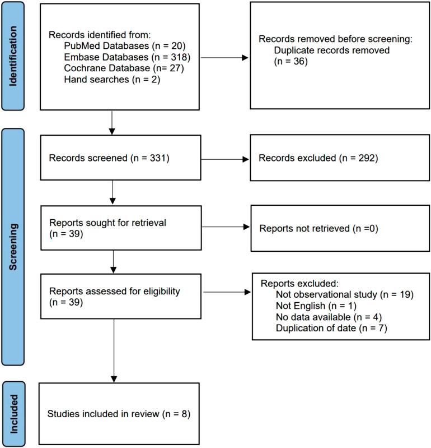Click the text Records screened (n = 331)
point(109,158)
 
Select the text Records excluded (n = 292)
point(318,158)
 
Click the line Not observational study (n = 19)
point(344,294)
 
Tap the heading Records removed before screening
point(335,40)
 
